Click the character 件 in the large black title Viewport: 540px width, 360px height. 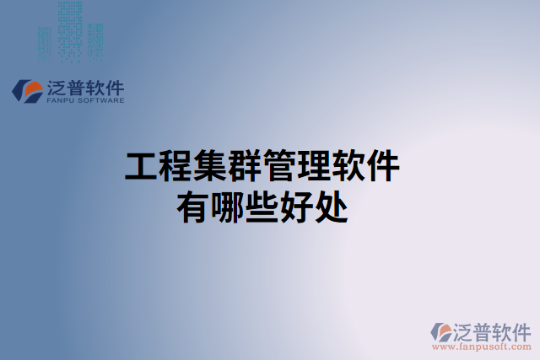tap(384, 167)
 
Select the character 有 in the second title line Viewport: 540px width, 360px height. tap(193, 206)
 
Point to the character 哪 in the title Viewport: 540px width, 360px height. tap(228, 206)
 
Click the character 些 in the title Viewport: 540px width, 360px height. tap(262, 206)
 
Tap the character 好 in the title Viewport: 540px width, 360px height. tap(297, 206)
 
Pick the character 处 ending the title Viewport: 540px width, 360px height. tap(332, 206)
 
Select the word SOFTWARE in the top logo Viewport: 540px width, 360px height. tap(101, 100)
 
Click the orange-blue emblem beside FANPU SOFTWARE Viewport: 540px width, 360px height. tap(28, 91)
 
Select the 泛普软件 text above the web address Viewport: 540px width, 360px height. tap(494, 329)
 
